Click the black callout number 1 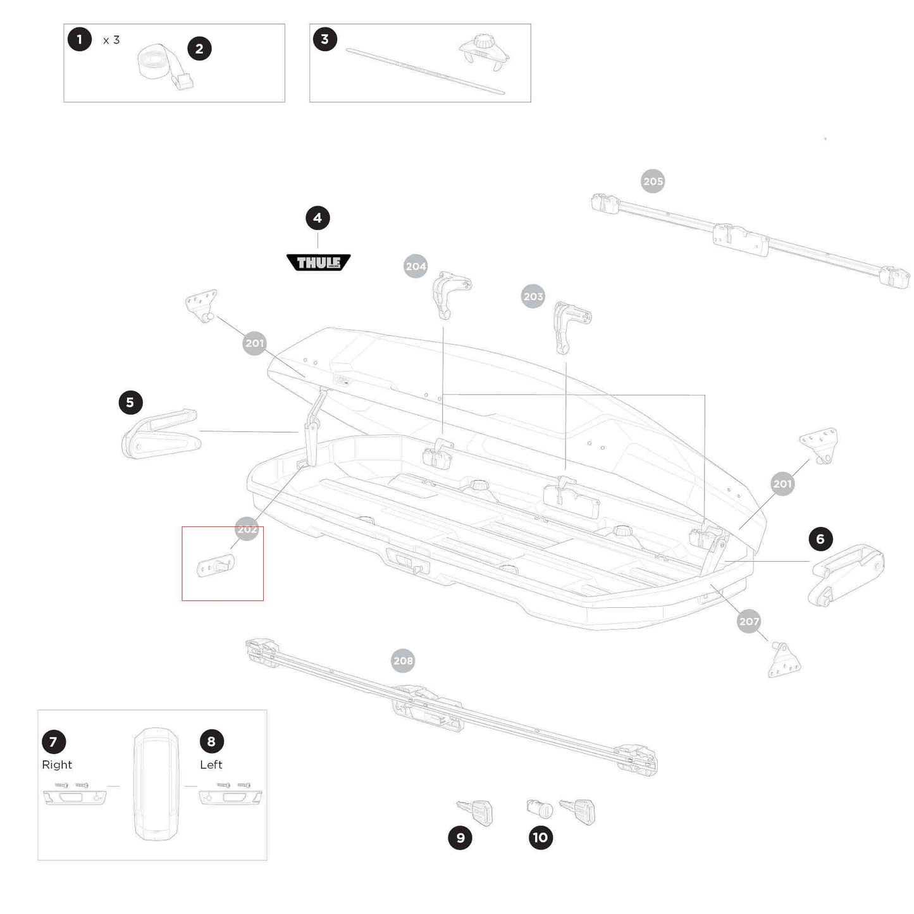(80, 40)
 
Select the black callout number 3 (325, 39)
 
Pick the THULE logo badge (318, 262)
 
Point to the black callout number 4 (318, 218)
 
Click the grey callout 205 (653, 182)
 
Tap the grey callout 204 (416, 266)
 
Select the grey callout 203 (533, 296)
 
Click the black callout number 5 (130, 402)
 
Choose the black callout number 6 (820, 539)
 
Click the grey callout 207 (749, 621)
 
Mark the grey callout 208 (403, 661)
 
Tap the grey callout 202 (247, 529)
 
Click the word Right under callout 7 (57, 765)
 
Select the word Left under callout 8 (211, 765)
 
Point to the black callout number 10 (540, 838)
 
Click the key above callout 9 (476, 812)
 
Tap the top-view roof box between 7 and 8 (156, 784)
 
